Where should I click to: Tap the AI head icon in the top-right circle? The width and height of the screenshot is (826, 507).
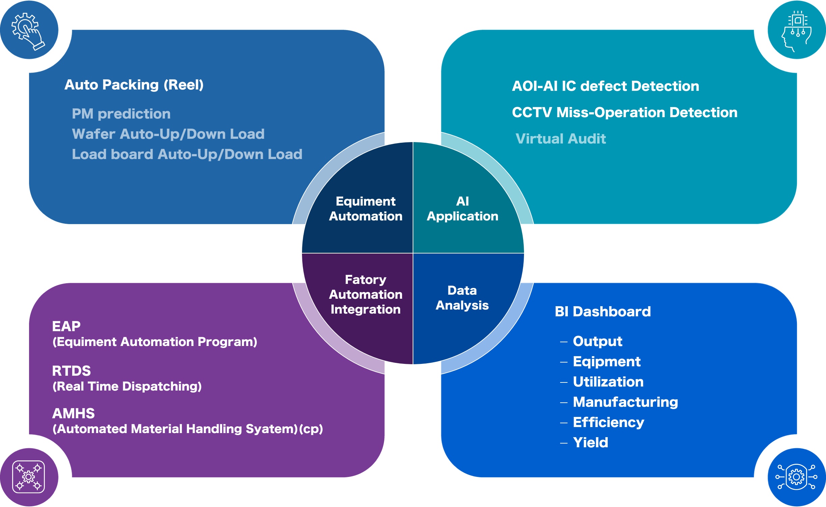797,31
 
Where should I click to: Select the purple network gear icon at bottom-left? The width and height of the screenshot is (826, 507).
28,477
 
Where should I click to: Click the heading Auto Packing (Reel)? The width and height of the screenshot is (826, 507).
134,85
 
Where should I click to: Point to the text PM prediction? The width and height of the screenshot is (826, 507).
121,114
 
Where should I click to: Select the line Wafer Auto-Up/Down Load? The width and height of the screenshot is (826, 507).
168,134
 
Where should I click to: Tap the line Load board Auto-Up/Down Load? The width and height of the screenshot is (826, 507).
187,154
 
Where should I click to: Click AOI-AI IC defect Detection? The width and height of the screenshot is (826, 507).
605,86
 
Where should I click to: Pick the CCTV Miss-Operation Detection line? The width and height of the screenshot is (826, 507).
625,112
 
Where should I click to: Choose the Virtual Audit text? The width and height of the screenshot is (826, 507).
560,139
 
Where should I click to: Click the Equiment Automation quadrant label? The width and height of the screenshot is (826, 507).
365,209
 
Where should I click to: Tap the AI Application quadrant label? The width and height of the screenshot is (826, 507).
462,209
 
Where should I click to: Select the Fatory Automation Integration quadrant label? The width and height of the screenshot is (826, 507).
365,294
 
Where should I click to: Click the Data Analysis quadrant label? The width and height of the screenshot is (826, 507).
462,298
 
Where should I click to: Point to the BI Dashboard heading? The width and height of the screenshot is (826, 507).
603,312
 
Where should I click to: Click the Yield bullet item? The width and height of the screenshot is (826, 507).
590,443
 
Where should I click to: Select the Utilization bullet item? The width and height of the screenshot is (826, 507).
608,382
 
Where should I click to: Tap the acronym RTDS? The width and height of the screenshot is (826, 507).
72,371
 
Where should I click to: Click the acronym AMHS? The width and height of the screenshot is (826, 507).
74,413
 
